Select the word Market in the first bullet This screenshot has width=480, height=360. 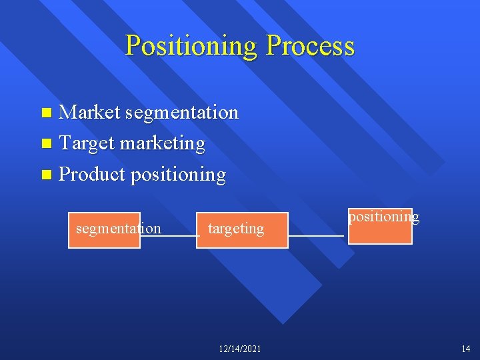pyautogui.click(x=89, y=113)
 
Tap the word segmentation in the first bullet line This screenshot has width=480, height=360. pyautogui.click(x=181, y=113)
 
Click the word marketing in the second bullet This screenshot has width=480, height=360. pyautogui.click(x=164, y=143)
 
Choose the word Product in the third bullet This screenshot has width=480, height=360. pyautogui.click(x=92, y=175)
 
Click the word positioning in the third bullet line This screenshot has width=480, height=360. pyautogui.click(x=179, y=175)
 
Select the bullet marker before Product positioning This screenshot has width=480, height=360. pyautogui.click(x=45, y=175)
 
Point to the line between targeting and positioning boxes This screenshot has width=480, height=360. pyautogui.click(x=316, y=236)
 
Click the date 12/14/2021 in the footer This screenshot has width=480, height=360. pyautogui.click(x=240, y=349)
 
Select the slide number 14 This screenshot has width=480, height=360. pyautogui.click(x=465, y=349)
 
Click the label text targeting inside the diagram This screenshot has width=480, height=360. pyautogui.click(x=236, y=229)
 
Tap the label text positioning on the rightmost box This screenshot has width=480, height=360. pyautogui.click(x=384, y=217)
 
